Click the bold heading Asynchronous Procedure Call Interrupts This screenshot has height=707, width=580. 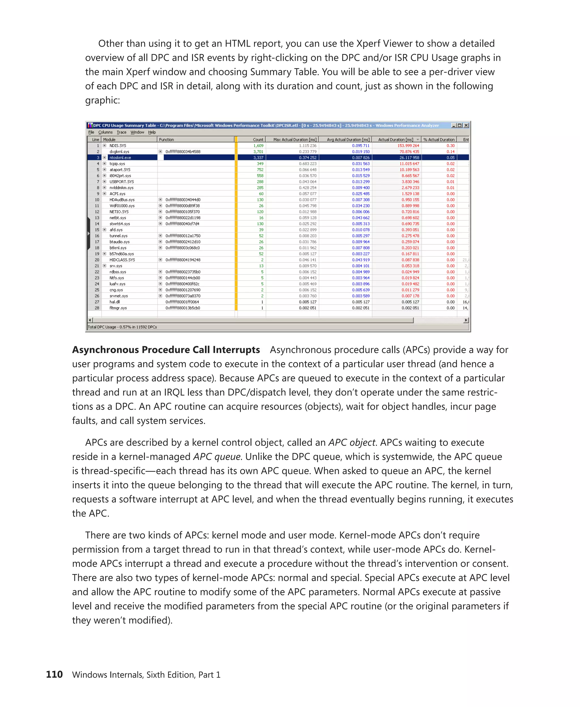166,350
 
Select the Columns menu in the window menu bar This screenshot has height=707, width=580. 105,132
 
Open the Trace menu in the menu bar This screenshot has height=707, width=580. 121,132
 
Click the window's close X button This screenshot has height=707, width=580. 466,126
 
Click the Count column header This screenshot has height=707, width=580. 258,139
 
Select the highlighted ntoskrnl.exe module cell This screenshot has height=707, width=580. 120,158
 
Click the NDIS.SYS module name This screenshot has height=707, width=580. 118,145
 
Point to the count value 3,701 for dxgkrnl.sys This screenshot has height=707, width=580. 258,152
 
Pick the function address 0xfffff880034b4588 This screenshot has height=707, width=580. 183,152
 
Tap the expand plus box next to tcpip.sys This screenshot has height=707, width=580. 105,163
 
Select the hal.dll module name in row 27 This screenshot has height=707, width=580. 115,302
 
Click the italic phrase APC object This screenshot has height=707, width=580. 352,442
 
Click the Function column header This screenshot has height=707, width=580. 167,139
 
